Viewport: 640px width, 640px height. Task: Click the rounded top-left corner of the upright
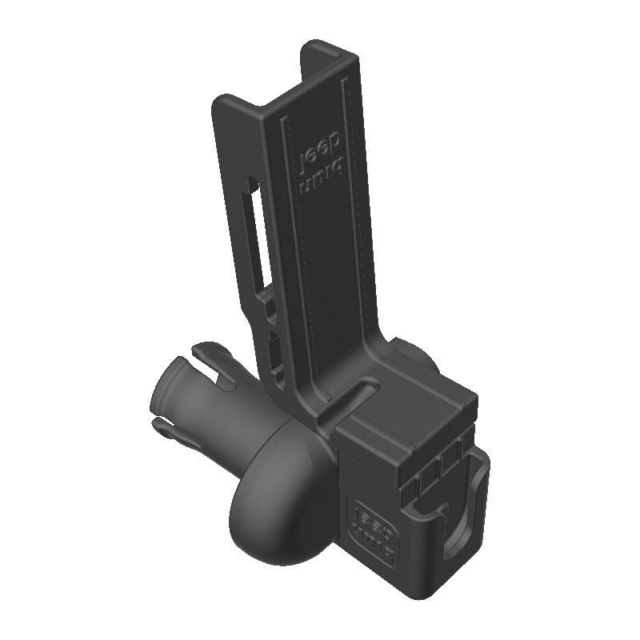pos(219,101)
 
